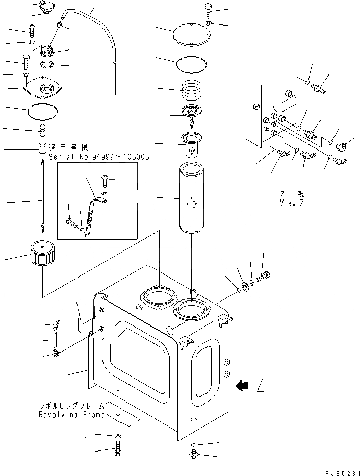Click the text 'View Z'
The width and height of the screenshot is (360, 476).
pos(293,203)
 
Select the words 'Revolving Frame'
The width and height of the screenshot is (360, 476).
pos(71,415)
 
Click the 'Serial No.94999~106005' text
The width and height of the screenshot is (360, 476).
pos(99,157)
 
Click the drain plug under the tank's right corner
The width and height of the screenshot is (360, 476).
pos(195,454)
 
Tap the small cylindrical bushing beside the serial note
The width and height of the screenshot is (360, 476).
pos(42,148)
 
